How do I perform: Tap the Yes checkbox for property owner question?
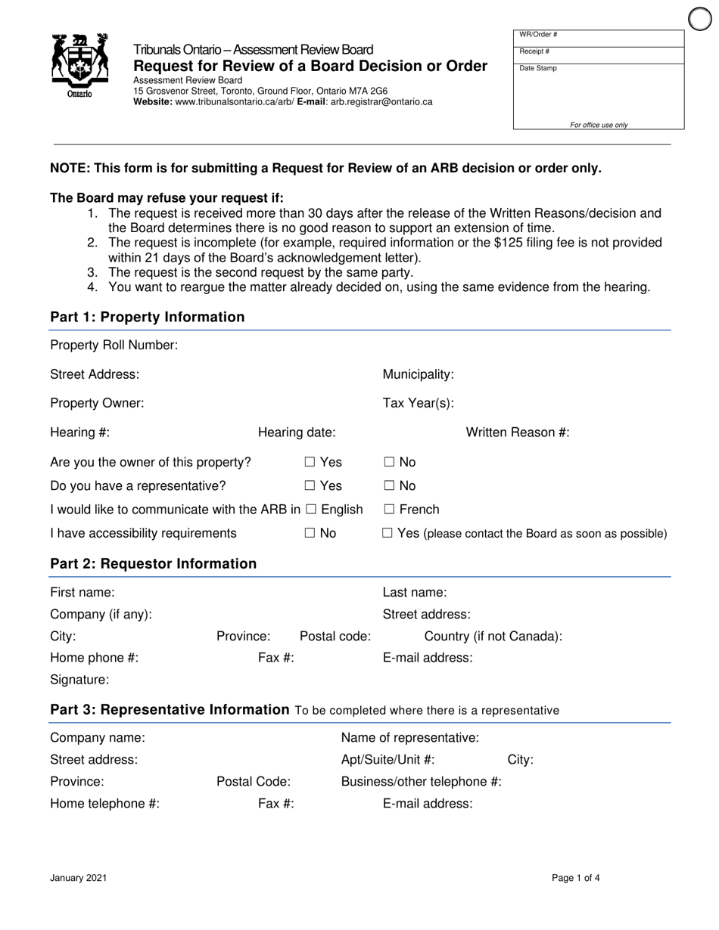310,462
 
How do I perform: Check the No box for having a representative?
389,486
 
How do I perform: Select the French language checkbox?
389,510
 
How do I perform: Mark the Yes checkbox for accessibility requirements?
388,533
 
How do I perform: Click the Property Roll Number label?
114,346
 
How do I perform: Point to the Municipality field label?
418,374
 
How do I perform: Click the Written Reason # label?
518,432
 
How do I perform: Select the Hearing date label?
297,432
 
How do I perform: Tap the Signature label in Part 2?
79,680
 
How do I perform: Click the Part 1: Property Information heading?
147,317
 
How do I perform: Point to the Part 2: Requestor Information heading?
153,563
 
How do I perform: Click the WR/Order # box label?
538,35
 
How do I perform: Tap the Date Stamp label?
537,68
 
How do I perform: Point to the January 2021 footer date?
78,878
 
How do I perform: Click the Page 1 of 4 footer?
576,878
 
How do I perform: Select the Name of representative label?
409,737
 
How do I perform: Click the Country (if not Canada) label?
493,636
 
